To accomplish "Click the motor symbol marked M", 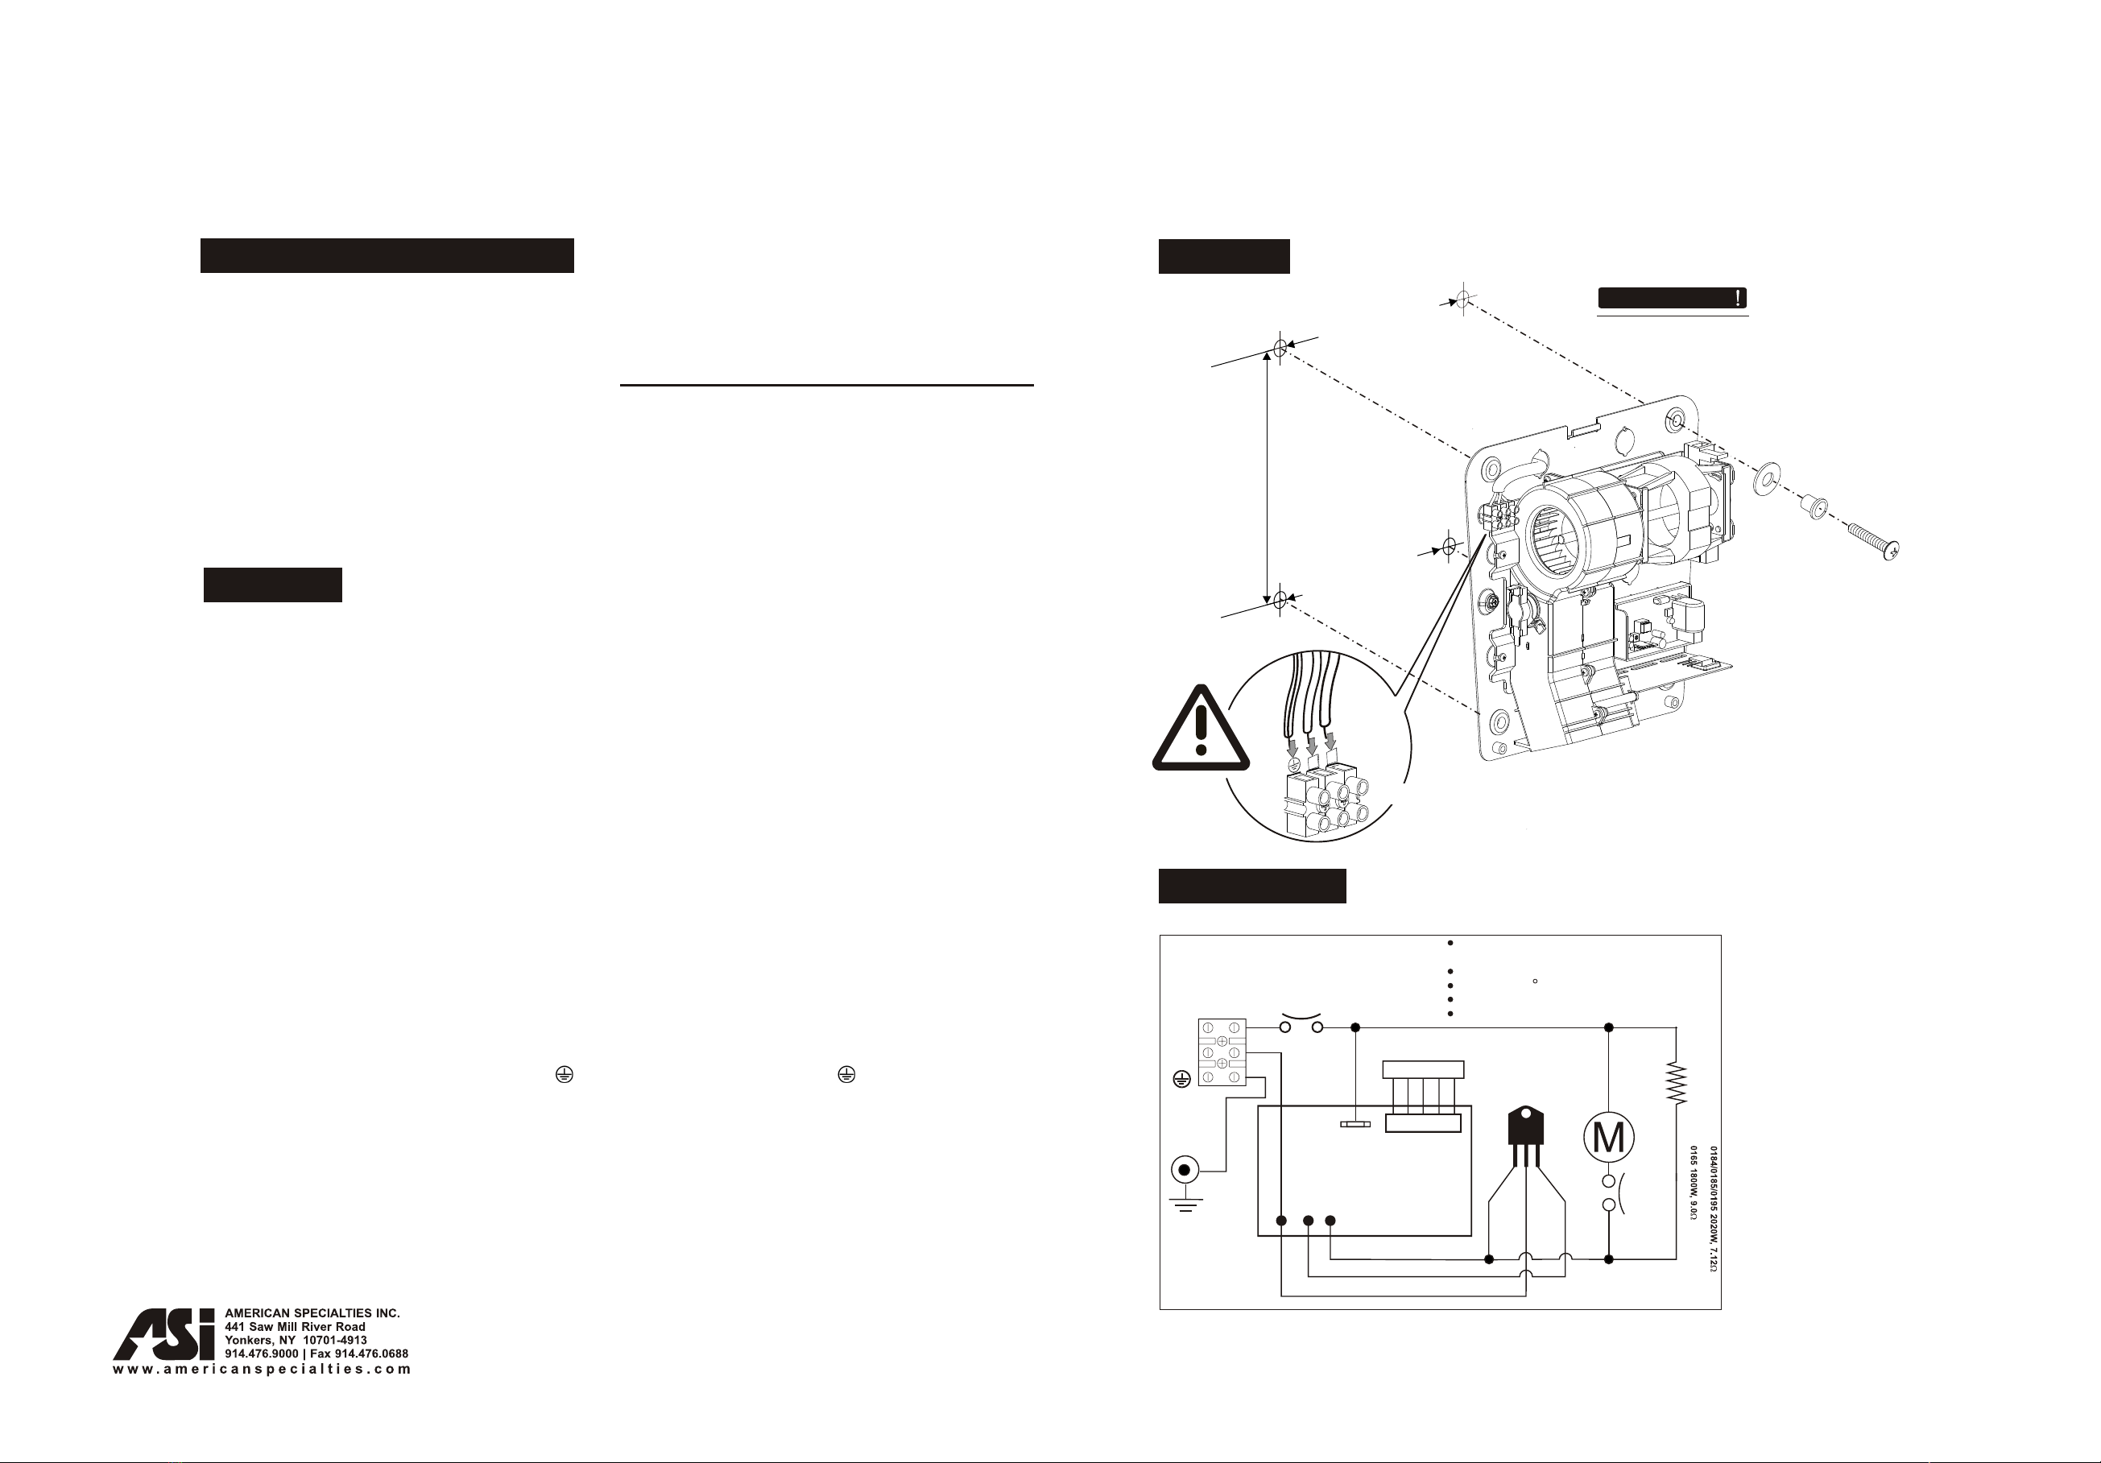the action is [1608, 1137].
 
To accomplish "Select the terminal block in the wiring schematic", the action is [1222, 1052].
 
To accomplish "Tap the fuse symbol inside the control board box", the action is [1355, 1123].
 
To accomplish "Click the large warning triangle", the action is [1201, 729].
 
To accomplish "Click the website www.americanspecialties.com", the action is [262, 1370].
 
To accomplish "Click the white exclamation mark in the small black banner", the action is [1737, 298].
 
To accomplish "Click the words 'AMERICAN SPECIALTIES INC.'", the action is [312, 1313].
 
